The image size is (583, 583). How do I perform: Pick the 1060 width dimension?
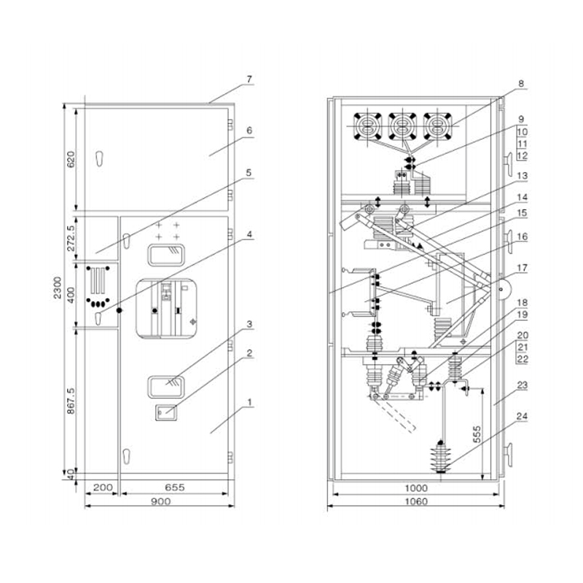click(x=415, y=501)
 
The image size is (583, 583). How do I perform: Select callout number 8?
click(x=521, y=84)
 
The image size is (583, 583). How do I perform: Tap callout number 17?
click(x=521, y=267)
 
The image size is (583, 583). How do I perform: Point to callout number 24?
click(x=521, y=417)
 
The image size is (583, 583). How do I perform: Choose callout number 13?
click(x=521, y=176)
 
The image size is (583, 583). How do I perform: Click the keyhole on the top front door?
click(x=98, y=158)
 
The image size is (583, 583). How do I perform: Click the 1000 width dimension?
click(x=415, y=488)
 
